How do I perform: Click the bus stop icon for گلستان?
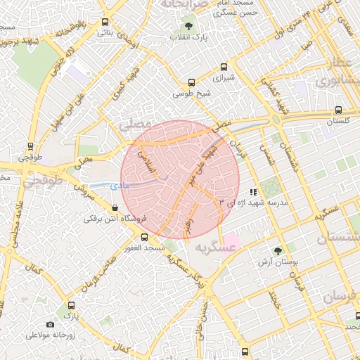[339, 110]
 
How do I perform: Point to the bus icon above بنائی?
[105, 22]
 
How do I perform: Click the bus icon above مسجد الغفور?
[144, 238]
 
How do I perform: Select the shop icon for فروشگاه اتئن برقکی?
[115, 207]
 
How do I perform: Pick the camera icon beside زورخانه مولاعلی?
[49, 324]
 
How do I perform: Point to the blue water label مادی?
[120, 185]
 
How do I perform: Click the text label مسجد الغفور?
[145, 249]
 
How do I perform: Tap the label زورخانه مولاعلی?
[50, 335]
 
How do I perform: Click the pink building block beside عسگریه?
[232, 241]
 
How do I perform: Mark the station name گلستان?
[338, 122]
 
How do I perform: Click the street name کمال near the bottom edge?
[122, 349]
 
